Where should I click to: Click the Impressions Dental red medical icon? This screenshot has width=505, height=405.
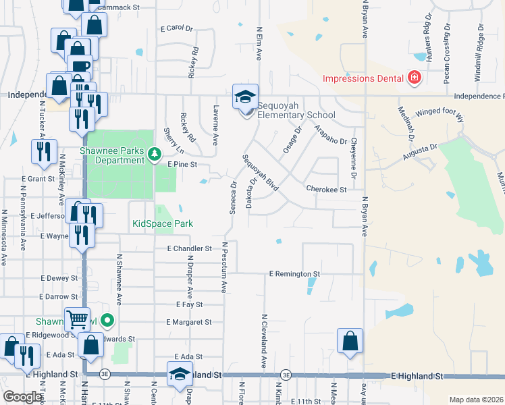pos(415,78)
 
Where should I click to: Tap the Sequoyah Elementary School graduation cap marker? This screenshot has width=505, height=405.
pos(246,97)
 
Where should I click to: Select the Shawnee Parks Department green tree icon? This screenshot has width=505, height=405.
pos(154,155)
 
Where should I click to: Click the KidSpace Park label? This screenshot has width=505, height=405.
pos(163,223)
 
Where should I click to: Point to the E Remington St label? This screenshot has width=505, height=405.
pos(294,274)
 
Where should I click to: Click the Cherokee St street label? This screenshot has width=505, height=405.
pos(326,190)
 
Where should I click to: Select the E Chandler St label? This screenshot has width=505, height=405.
pos(190,248)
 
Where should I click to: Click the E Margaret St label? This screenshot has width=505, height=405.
pos(189,322)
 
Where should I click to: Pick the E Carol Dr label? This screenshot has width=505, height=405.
pos(177,28)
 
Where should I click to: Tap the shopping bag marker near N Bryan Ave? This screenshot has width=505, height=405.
pos(350,341)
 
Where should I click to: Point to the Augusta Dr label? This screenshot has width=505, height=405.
pos(421,153)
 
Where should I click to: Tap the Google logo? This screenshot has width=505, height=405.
pos(22,398)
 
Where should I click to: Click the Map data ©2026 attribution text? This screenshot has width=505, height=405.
pos(476,400)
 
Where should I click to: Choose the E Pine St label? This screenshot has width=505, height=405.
pos(182,164)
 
